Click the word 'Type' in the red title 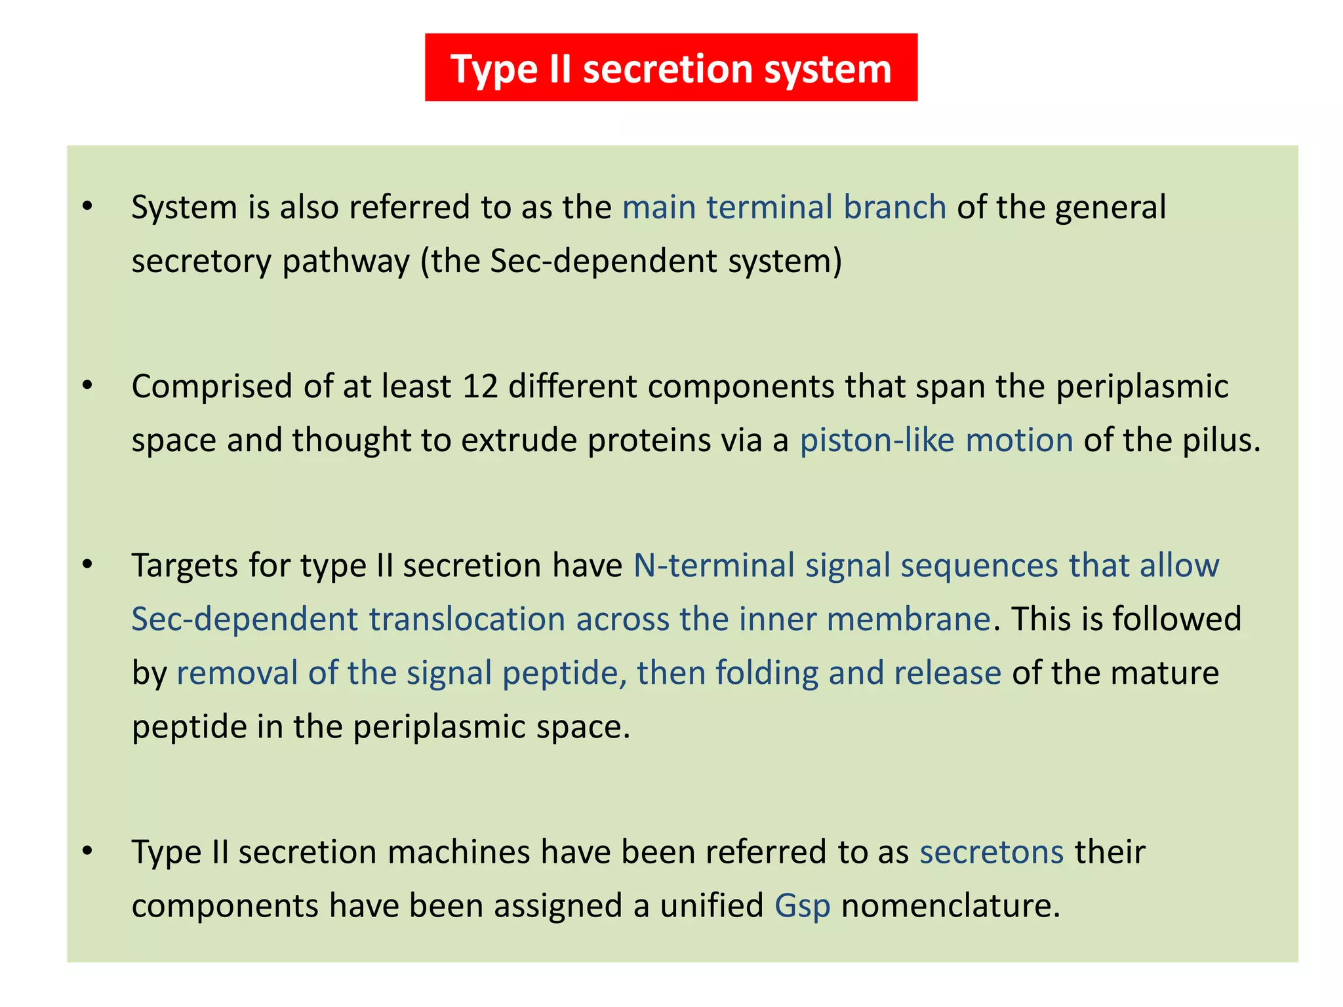tap(493, 69)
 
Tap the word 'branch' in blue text tap(894, 207)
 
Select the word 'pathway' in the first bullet tap(346, 261)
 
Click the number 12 tap(480, 386)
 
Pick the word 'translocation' tap(467, 619)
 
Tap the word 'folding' tap(767, 673)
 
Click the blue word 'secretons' tap(991, 852)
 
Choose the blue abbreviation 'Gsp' tap(802, 905)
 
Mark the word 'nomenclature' tap(950, 905)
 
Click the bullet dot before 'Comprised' tap(87, 386)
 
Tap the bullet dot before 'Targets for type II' tap(87, 564)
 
